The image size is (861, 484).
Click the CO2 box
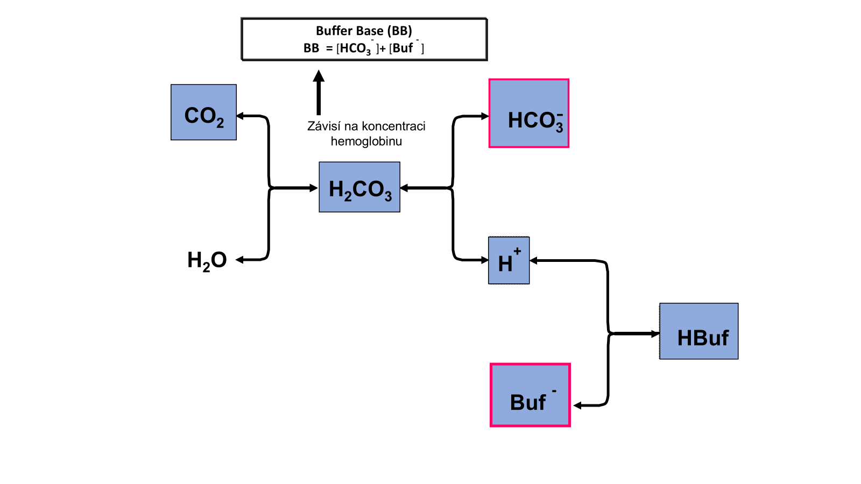click(x=203, y=112)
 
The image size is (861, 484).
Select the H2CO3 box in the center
click(x=359, y=187)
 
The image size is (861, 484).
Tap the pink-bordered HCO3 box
click(x=529, y=113)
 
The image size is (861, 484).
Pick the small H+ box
click(x=509, y=260)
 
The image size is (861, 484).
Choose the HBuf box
click(x=698, y=331)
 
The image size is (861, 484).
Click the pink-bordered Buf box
click(x=530, y=395)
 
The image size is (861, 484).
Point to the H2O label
click(x=207, y=260)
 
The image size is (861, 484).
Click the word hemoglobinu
click(x=366, y=141)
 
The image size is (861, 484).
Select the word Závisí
click(x=324, y=126)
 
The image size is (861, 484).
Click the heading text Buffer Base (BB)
click(x=364, y=31)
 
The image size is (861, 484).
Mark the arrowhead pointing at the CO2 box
click(x=241, y=116)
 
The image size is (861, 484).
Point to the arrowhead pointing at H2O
click(x=240, y=260)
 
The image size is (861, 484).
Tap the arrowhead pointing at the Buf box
click(x=578, y=405)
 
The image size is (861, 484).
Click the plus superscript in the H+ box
click(x=517, y=251)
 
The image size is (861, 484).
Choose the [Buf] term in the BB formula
click(x=406, y=48)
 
